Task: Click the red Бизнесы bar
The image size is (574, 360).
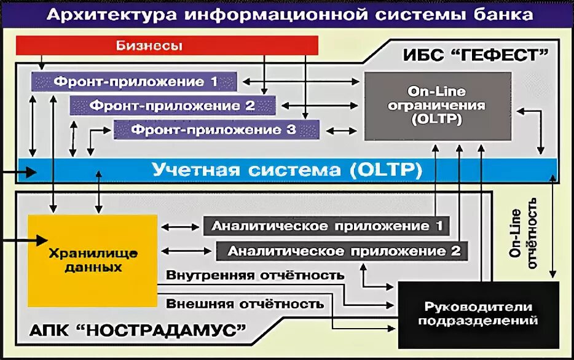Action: (x=167, y=45)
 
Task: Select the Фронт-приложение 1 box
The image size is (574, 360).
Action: (x=135, y=81)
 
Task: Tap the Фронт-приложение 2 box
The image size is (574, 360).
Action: (x=173, y=105)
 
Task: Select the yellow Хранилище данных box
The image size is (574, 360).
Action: (x=92, y=260)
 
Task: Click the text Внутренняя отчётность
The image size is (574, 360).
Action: (x=254, y=275)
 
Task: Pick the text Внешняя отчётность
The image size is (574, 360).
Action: (x=245, y=303)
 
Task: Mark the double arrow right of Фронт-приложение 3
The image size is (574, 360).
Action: (x=341, y=130)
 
